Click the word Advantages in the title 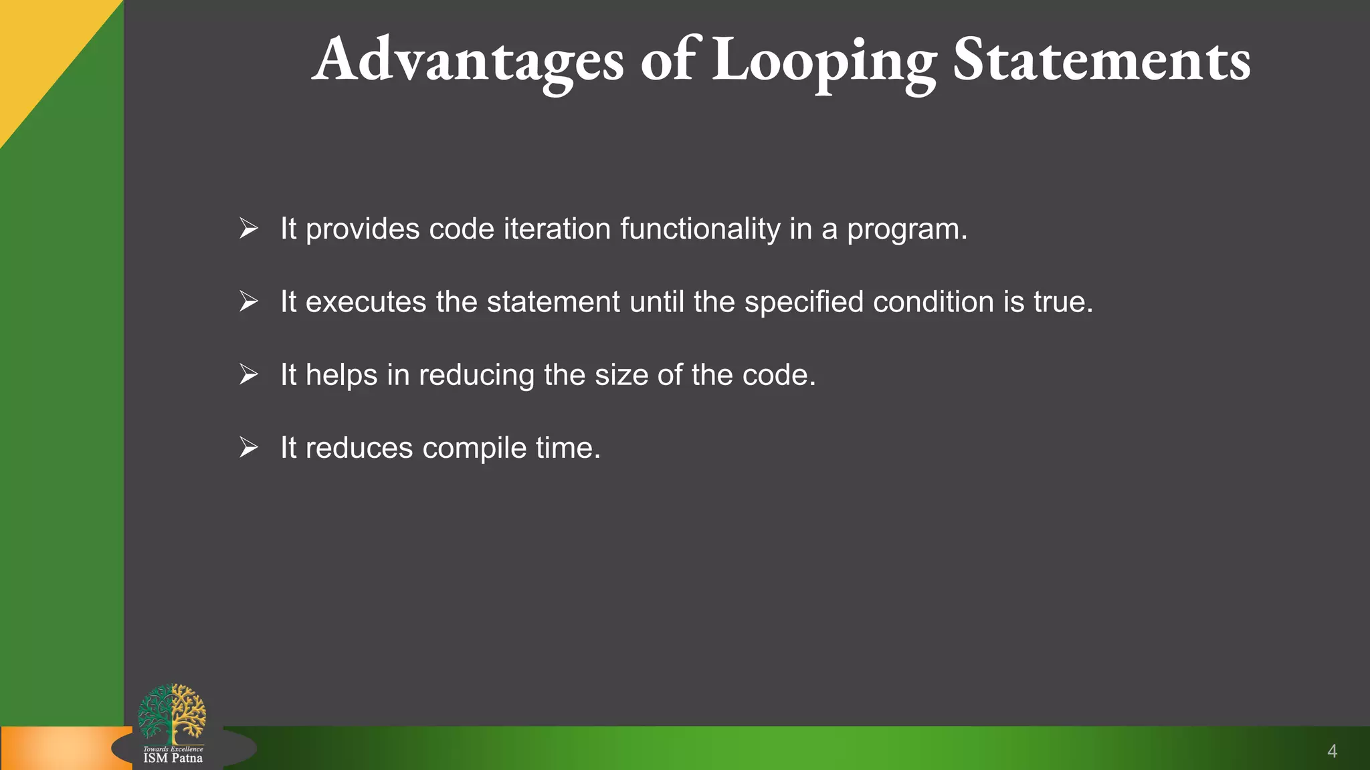coord(468,60)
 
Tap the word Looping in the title coord(823,61)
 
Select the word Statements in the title coord(1101,60)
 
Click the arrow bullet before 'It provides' coord(249,229)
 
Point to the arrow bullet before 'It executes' coord(249,301)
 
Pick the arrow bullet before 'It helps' coord(249,374)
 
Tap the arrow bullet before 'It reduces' coord(249,447)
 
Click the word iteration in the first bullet coord(557,229)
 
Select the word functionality coord(700,229)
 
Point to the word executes coord(366,302)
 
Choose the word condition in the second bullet coord(933,301)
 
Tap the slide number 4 coord(1332,751)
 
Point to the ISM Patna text coord(173,758)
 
